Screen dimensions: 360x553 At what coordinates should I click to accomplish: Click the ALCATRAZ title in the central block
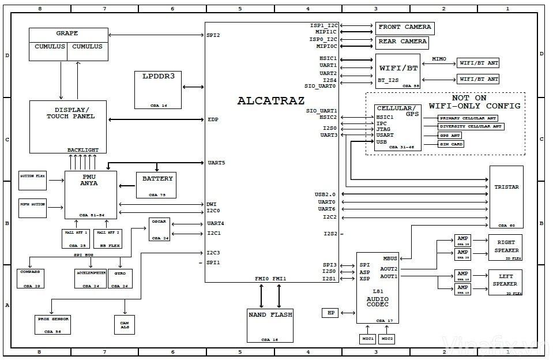pos(271,100)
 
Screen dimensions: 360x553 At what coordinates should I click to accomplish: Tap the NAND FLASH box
pos(270,325)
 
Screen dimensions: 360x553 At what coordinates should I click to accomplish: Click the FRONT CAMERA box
pos(405,27)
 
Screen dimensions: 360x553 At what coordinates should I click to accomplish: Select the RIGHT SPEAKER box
pos(506,247)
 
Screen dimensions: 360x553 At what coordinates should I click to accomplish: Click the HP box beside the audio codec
pos(330,313)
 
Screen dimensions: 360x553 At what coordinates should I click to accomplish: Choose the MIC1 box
pos(368,339)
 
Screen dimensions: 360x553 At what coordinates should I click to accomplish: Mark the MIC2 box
pos(387,339)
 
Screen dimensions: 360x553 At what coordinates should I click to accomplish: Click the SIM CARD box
pos(451,144)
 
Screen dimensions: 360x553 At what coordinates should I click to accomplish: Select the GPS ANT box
pos(450,136)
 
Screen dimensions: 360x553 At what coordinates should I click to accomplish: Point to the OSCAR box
pos(159,229)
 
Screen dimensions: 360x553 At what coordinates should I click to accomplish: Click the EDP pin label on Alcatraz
pos(213,119)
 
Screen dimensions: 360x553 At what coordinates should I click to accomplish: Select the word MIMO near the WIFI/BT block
pos(439,59)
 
